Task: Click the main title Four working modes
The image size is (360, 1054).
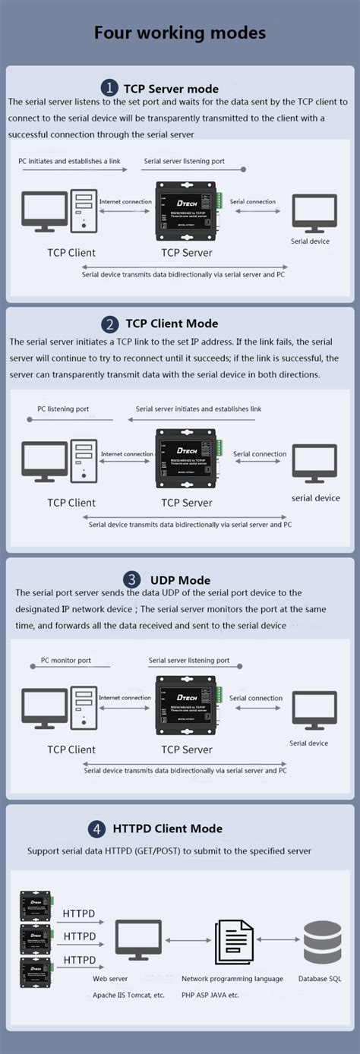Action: pyautogui.click(x=180, y=33)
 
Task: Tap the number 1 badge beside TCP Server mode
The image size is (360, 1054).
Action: pyautogui.click(x=110, y=88)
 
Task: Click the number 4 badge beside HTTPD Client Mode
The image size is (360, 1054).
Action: pyautogui.click(x=97, y=828)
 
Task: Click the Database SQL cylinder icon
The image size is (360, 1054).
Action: pyautogui.click(x=322, y=942)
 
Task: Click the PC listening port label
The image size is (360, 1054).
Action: pyautogui.click(x=63, y=409)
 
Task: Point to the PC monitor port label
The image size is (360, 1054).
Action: pyautogui.click(x=65, y=661)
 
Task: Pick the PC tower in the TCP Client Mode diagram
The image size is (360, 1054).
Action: pyautogui.click(x=84, y=462)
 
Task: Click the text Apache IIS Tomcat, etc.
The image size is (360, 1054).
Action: pyautogui.click(x=127, y=995)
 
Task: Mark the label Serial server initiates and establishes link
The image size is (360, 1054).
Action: pyautogui.click(x=198, y=409)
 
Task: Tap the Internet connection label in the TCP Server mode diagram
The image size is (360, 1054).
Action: pyautogui.click(x=125, y=202)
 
